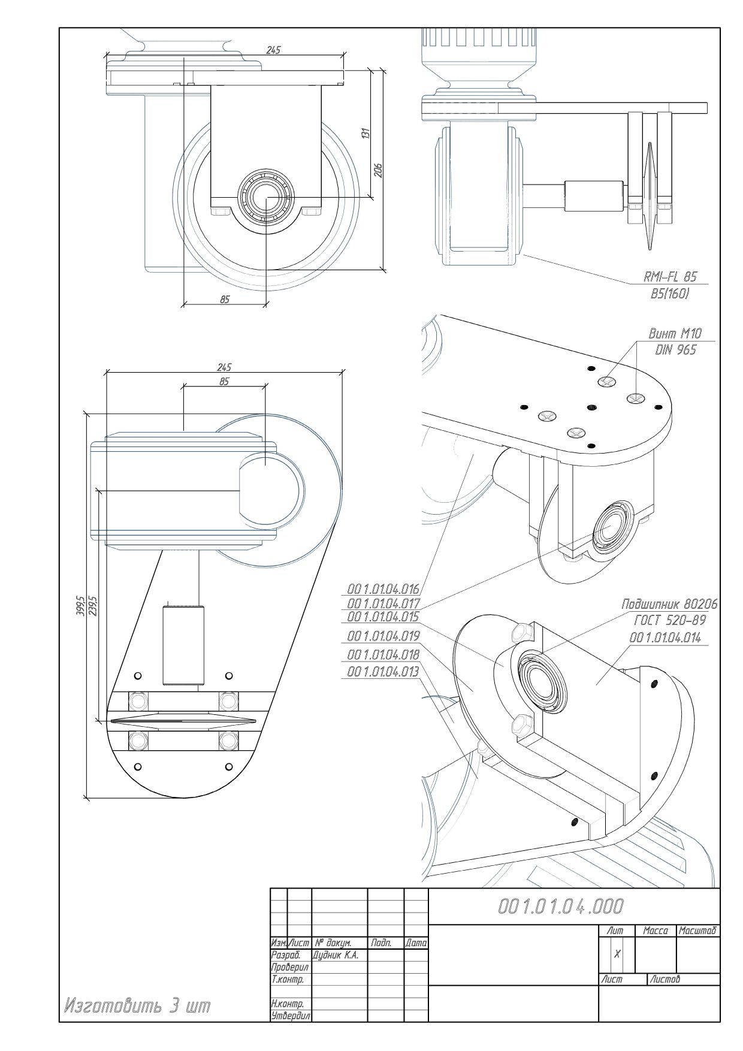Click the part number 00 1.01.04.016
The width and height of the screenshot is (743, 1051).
click(383, 588)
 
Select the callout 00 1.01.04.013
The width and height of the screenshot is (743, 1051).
click(383, 672)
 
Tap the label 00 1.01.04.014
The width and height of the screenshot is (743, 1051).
click(665, 638)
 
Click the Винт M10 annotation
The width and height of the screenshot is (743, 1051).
click(675, 333)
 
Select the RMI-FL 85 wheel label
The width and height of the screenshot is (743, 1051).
click(670, 277)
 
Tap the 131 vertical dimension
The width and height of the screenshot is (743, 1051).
click(366, 133)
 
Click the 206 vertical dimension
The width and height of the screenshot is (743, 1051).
click(379, 170)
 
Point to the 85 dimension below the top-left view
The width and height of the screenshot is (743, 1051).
click(224, 299)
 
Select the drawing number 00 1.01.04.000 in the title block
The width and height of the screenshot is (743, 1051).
click(561, 906)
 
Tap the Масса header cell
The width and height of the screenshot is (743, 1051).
click(655, 931)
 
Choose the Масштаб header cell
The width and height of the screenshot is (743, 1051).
click(697, 931)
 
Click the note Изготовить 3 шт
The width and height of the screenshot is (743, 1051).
click(137, 1005)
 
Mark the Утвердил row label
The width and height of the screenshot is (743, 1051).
click(291, 1016)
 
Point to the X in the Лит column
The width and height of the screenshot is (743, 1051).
click(617, 954)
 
